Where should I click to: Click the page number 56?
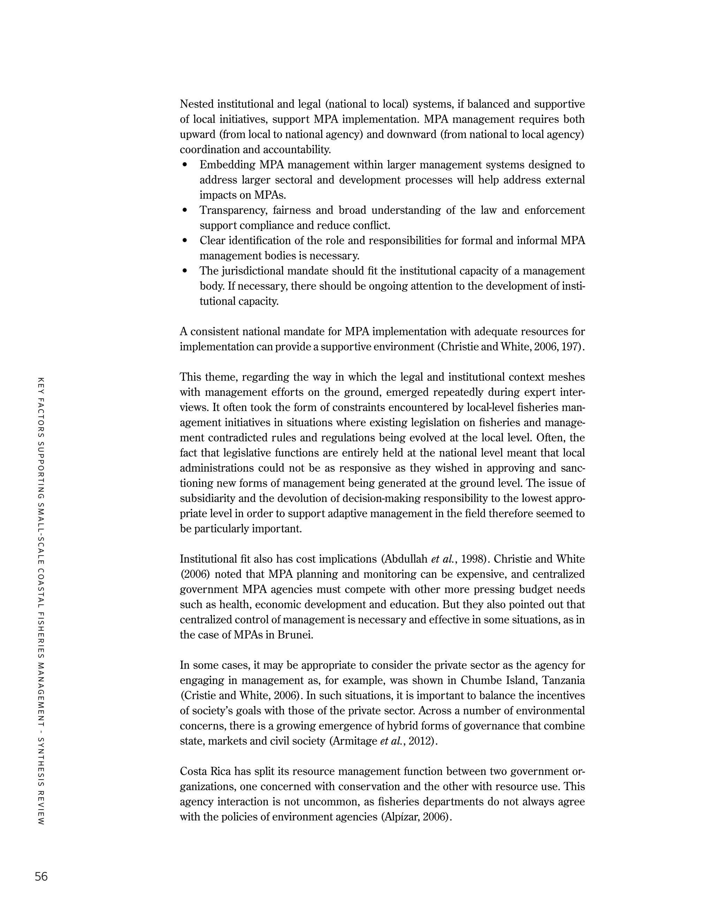click(x=41, y=877)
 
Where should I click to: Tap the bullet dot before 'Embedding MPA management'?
click(x=184, y=165)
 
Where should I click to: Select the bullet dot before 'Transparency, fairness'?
click(x=184, y=210)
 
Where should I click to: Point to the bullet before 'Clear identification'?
click(x=184, y=241)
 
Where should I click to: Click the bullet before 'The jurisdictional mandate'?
click(x=184, y=271)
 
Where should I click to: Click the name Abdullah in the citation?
click(x=406, y=559)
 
